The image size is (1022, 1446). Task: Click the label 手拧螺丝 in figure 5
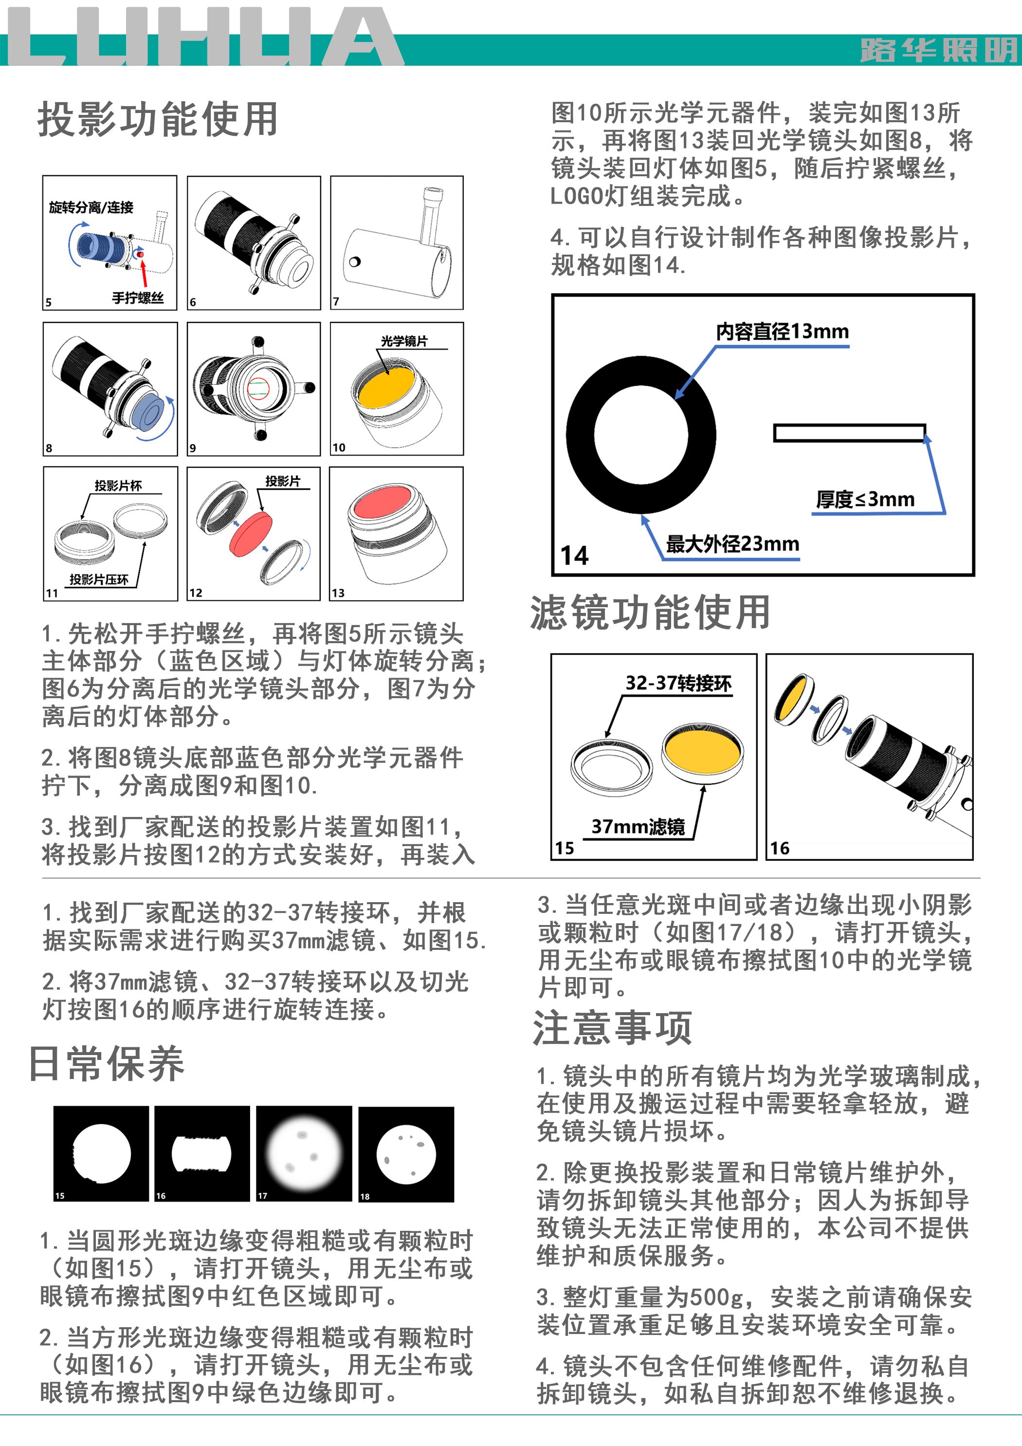138,298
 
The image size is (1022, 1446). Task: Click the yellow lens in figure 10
386,386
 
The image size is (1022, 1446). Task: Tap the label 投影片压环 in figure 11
99,579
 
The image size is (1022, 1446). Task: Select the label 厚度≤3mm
865,499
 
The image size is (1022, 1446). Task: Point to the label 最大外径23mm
732,543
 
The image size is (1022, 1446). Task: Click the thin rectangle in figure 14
849,433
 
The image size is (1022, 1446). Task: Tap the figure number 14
574,556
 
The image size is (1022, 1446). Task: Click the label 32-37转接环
678,684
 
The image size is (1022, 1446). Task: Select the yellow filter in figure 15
702,751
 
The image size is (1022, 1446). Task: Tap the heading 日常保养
107,1064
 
